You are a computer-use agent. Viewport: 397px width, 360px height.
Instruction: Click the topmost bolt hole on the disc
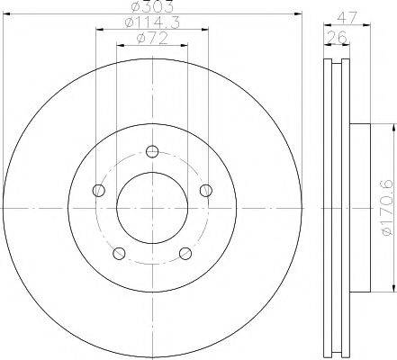click(152, 150)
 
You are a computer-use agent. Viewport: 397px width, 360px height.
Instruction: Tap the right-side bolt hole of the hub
click(206, 189)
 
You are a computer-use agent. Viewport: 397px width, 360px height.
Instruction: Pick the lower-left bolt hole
click(119, 253)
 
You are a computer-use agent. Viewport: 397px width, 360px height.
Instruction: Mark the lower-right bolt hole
click(185, 253)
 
